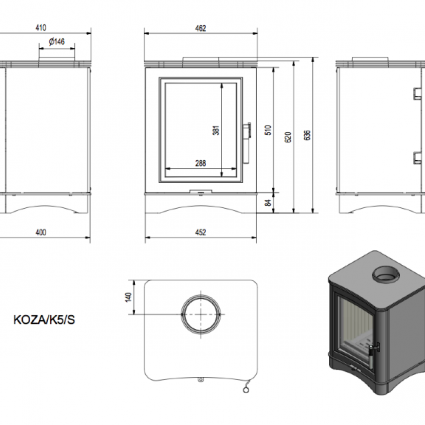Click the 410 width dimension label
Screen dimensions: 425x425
coord(41,28)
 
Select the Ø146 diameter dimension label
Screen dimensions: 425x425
coord(57,42)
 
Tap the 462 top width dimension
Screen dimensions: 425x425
coord(200,28)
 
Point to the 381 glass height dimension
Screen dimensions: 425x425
coord(216,130)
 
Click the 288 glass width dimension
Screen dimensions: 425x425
coord(201,163)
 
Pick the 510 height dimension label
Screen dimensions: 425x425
coord(268,130)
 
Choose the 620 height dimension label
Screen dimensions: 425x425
coord(289,137)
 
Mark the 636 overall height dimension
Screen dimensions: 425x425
coord(307,135)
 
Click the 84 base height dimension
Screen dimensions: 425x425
coord(269,202)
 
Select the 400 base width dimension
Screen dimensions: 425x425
coord(41,232)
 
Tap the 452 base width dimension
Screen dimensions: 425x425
coord(200,232)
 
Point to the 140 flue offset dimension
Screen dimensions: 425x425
coord(128,297)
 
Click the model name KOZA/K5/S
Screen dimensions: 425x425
coord(44,320)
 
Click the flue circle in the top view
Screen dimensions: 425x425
coord(201,295)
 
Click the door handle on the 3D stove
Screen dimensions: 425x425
coord(374,350)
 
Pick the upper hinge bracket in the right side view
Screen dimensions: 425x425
coord(418,94)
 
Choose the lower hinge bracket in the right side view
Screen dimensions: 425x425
coord(418,158)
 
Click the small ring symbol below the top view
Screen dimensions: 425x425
coord(246,389)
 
